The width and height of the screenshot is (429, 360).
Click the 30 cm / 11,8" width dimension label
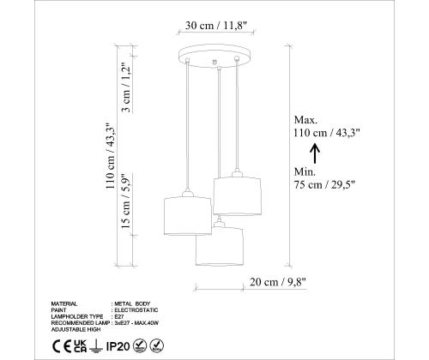(x=215, y=26)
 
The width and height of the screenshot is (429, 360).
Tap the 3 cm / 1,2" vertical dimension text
(x=126, y=87)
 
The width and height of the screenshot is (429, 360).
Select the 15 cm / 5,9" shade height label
(x=126, y=201)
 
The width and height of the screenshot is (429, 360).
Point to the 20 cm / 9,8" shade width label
(x=278, y=282)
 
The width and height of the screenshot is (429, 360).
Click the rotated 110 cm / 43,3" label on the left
(x=111, y=156)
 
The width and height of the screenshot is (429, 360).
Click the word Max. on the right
(x=305, y=120)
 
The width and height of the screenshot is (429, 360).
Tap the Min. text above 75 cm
(x=305, y=171)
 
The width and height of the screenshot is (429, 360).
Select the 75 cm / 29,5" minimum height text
(x=324, y=184)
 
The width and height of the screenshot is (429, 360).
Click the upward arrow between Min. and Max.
(x=315, y=153)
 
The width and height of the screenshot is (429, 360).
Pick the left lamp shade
(x=188, y=216)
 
